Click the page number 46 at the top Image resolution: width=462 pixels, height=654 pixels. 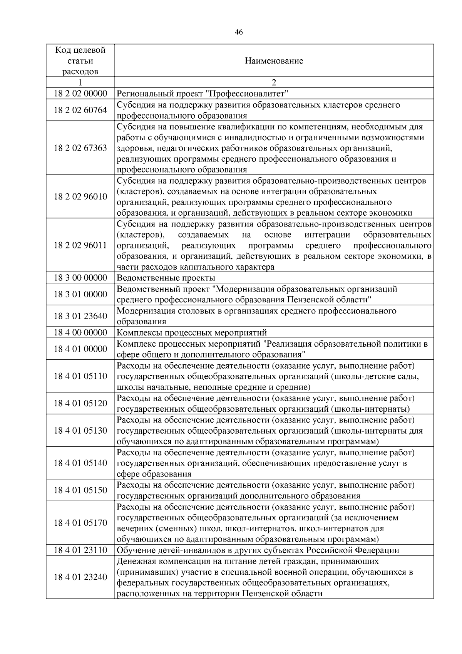[238, 32]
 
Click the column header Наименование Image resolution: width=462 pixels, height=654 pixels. [274, 61]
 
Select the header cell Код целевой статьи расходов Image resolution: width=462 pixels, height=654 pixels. [80, 61]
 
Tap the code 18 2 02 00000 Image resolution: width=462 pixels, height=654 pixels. [80, 94]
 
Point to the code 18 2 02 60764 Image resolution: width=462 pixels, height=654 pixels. [80, 110]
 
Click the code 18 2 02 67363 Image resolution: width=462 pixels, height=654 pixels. [80, 148]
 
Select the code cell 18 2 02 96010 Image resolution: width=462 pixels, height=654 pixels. [80, 197]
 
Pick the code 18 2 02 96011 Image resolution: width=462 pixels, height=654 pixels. [80, 245]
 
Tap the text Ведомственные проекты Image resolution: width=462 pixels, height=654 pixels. [166, 278]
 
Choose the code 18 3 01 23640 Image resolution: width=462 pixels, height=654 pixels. [80, 316]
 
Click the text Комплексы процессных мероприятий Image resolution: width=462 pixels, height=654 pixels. [192, 332]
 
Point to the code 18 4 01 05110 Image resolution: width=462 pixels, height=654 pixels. [80, 376]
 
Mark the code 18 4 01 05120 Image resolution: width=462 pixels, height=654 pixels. [80, 403]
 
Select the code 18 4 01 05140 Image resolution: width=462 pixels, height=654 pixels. [80, 463]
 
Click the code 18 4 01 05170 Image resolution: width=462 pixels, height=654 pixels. [80, 523]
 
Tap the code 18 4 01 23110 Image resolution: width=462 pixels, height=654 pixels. [80, 550]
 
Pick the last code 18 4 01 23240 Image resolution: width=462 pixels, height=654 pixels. [80, 577]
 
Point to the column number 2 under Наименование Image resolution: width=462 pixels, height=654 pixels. [274, 82]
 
